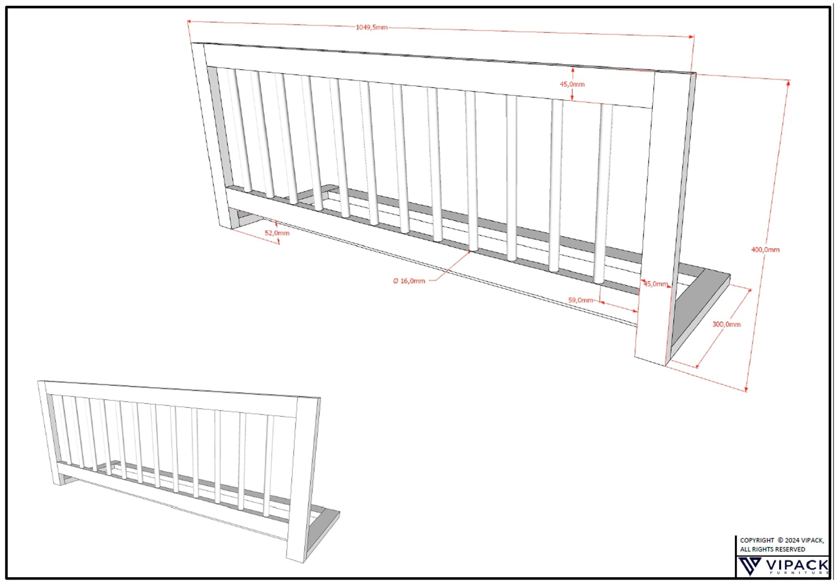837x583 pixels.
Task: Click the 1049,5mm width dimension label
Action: click(371, 27)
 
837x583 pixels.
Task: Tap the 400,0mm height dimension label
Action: click(765, 250)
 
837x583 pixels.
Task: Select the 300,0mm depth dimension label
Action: click(726, 324)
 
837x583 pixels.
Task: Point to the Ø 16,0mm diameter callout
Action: click(409, 280)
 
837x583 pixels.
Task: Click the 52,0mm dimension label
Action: click(277, 233)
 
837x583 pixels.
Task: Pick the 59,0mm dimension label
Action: click(581, 300)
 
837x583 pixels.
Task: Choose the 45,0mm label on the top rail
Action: click(572, 84)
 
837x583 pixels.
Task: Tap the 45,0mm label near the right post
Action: click(655, 284)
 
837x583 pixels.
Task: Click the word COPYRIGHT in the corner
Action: click(757, 540)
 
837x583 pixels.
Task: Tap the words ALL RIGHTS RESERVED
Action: click(772, 549)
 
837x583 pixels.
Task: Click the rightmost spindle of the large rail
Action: click(603, 194)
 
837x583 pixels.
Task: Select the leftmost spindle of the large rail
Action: click(240, 130)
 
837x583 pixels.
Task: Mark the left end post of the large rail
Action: click(213, 135)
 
